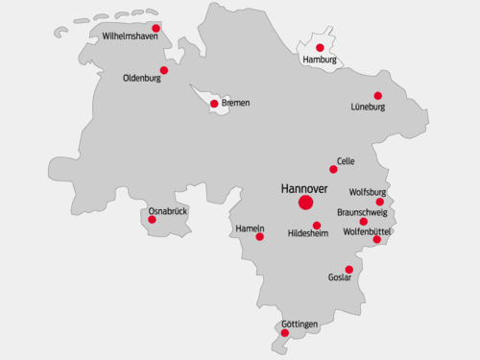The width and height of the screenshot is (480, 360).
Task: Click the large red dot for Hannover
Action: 305,203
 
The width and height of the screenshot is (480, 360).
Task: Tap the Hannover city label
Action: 304,187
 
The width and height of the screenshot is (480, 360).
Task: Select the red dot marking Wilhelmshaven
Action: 156,28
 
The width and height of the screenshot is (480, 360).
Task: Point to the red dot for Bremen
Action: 213,104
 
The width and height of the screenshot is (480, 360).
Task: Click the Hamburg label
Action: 320,60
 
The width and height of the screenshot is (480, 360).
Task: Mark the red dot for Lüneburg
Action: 377,95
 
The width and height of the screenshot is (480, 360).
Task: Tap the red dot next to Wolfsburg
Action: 379,202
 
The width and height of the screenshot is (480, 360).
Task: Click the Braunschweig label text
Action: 362,212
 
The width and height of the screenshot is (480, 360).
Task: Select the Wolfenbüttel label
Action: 368,231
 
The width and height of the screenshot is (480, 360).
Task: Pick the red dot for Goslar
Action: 348,269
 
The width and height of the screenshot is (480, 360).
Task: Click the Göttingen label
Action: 300,324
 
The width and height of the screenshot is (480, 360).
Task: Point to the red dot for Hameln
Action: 259,236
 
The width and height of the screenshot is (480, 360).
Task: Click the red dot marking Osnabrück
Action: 152,220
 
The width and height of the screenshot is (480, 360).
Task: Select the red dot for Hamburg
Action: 320,47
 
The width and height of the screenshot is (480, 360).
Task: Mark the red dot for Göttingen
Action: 285,332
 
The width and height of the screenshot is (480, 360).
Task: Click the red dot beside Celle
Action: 333,169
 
